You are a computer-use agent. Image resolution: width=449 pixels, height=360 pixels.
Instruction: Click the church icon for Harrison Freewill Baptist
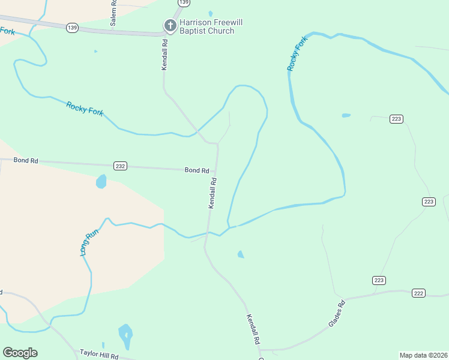click(x=170, y=25)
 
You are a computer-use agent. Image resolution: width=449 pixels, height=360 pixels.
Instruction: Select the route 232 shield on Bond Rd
click(x=121, y=166)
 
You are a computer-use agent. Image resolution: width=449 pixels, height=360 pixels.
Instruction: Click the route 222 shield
click(x=419, y=293)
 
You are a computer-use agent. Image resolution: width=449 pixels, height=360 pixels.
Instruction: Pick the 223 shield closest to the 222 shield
click(x=379, y=280)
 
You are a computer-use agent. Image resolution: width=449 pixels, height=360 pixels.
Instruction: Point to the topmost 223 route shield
click(x=396, y=119)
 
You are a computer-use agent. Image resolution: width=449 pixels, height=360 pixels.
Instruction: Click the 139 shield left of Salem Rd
click(x=73, y=28)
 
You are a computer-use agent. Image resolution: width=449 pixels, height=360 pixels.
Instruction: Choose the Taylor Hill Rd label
click(x=99, y=355)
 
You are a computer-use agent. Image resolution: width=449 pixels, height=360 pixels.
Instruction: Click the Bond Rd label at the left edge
click(x=26, y=161)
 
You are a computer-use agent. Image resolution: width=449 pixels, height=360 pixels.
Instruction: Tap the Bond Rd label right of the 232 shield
click(x=196, y=170)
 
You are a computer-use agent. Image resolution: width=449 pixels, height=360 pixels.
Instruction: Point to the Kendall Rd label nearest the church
click(x=164, y=56)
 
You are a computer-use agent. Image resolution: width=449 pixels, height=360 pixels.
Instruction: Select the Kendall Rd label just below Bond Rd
click(x=212, y=193)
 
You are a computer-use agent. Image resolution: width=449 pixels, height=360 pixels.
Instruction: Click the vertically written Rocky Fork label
click(x=297, y=53)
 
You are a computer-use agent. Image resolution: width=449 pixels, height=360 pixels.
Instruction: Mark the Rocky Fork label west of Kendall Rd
click(x=85, y=108)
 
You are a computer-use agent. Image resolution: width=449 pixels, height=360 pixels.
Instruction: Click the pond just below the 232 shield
click(x=101, y=181)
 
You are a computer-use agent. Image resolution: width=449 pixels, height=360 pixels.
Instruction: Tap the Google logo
click(x=20, y=353)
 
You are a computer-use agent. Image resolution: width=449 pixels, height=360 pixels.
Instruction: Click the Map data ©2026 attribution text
click(x=423, y=355)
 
